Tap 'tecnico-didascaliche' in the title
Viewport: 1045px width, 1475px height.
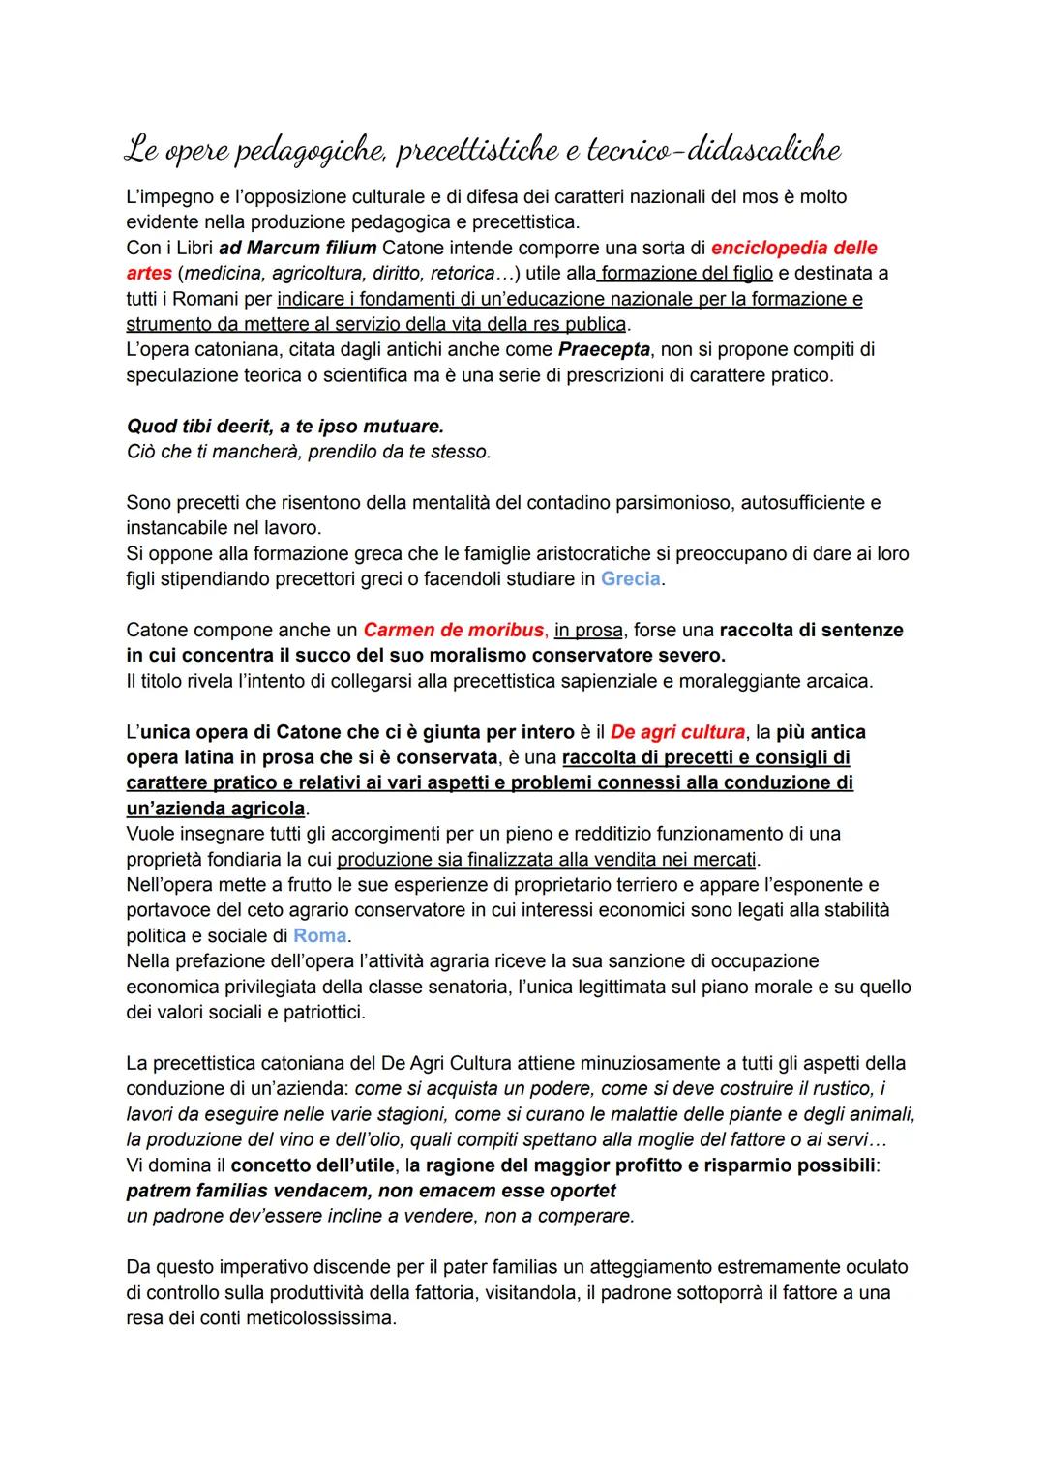(727, 151)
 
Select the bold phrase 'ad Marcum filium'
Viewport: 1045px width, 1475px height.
(298, 248)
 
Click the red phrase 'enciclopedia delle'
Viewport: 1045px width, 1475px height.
(794, 248)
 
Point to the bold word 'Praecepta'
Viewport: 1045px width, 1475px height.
(604, 349)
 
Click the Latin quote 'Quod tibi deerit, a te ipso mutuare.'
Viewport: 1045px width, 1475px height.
(285, 427)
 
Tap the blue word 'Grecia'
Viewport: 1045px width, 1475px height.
(631, 579)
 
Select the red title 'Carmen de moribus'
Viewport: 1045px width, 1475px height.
(454, 631)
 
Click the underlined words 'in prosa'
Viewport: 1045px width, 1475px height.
(588, 631)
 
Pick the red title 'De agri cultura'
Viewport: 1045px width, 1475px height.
(678, 732)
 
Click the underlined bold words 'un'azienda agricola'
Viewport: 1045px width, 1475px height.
(216, 809)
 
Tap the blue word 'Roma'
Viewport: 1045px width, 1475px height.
(320, 936)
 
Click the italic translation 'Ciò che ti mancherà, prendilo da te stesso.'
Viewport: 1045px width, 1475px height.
(308, 452)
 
